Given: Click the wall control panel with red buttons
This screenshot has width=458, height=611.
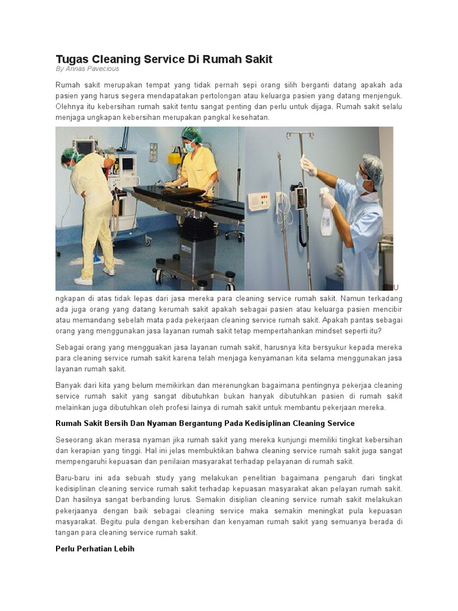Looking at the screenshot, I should [x=258, y=200].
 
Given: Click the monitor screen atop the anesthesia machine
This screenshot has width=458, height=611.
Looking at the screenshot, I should [x=85, y=147].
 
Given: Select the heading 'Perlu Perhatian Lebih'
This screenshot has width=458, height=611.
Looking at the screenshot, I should [x=95, y=548].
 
